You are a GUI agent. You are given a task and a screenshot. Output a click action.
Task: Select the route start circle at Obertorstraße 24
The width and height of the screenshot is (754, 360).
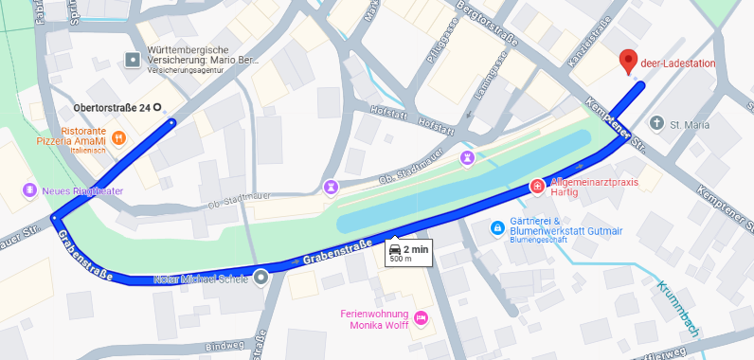click(x=157, y=108)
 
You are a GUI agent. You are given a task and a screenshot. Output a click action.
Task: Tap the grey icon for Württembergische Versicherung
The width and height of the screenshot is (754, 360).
click(x=132, y=60)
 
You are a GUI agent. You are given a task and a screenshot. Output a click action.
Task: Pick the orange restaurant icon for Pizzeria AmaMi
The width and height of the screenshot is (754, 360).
click(x=118, y=137)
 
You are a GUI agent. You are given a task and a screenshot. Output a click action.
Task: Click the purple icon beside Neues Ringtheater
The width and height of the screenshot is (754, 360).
click(x=29, y=190)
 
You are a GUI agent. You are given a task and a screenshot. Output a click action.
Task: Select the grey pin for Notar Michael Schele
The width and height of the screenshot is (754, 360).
click(x=260, y=279)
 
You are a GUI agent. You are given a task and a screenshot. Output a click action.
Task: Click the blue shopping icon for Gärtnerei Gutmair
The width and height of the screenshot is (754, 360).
click(x=496, y=228)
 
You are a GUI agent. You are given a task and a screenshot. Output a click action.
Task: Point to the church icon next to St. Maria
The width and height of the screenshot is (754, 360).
click(x=657, y=123)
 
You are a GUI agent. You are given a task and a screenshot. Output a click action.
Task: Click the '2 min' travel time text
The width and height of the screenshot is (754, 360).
click(x=416, y=248)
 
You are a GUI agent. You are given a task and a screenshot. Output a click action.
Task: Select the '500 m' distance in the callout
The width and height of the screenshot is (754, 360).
click(x=402, y=259)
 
